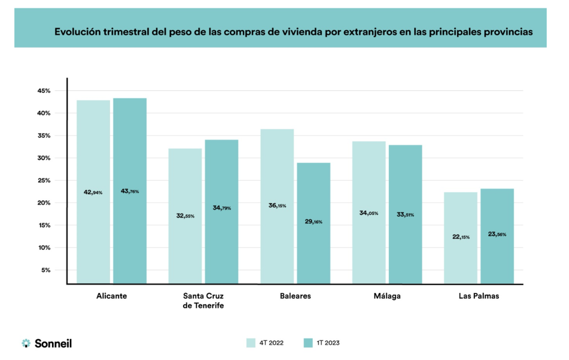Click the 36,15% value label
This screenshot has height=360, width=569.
tap(277, 205)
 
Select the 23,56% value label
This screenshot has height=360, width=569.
tap(497, 234)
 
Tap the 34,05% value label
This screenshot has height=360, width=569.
tap(369, 213)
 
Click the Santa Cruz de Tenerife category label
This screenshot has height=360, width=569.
tap(203, 301)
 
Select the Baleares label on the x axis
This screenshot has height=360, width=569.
tap(295, 296)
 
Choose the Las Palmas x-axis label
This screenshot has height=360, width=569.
tap(479, 296)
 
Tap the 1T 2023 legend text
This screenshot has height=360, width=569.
tap(328, 343)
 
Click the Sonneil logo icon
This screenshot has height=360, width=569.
tap(26, 343)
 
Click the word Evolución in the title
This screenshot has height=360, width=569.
tap(78, 32)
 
